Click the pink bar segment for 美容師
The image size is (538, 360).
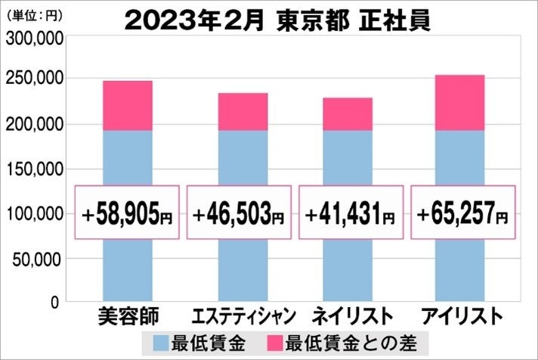127,106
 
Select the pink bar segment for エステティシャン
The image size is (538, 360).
243,112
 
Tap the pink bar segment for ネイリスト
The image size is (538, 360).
348,114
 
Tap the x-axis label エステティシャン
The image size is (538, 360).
239,315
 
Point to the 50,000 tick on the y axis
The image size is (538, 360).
38,259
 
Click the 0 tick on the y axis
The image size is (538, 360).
55,302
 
